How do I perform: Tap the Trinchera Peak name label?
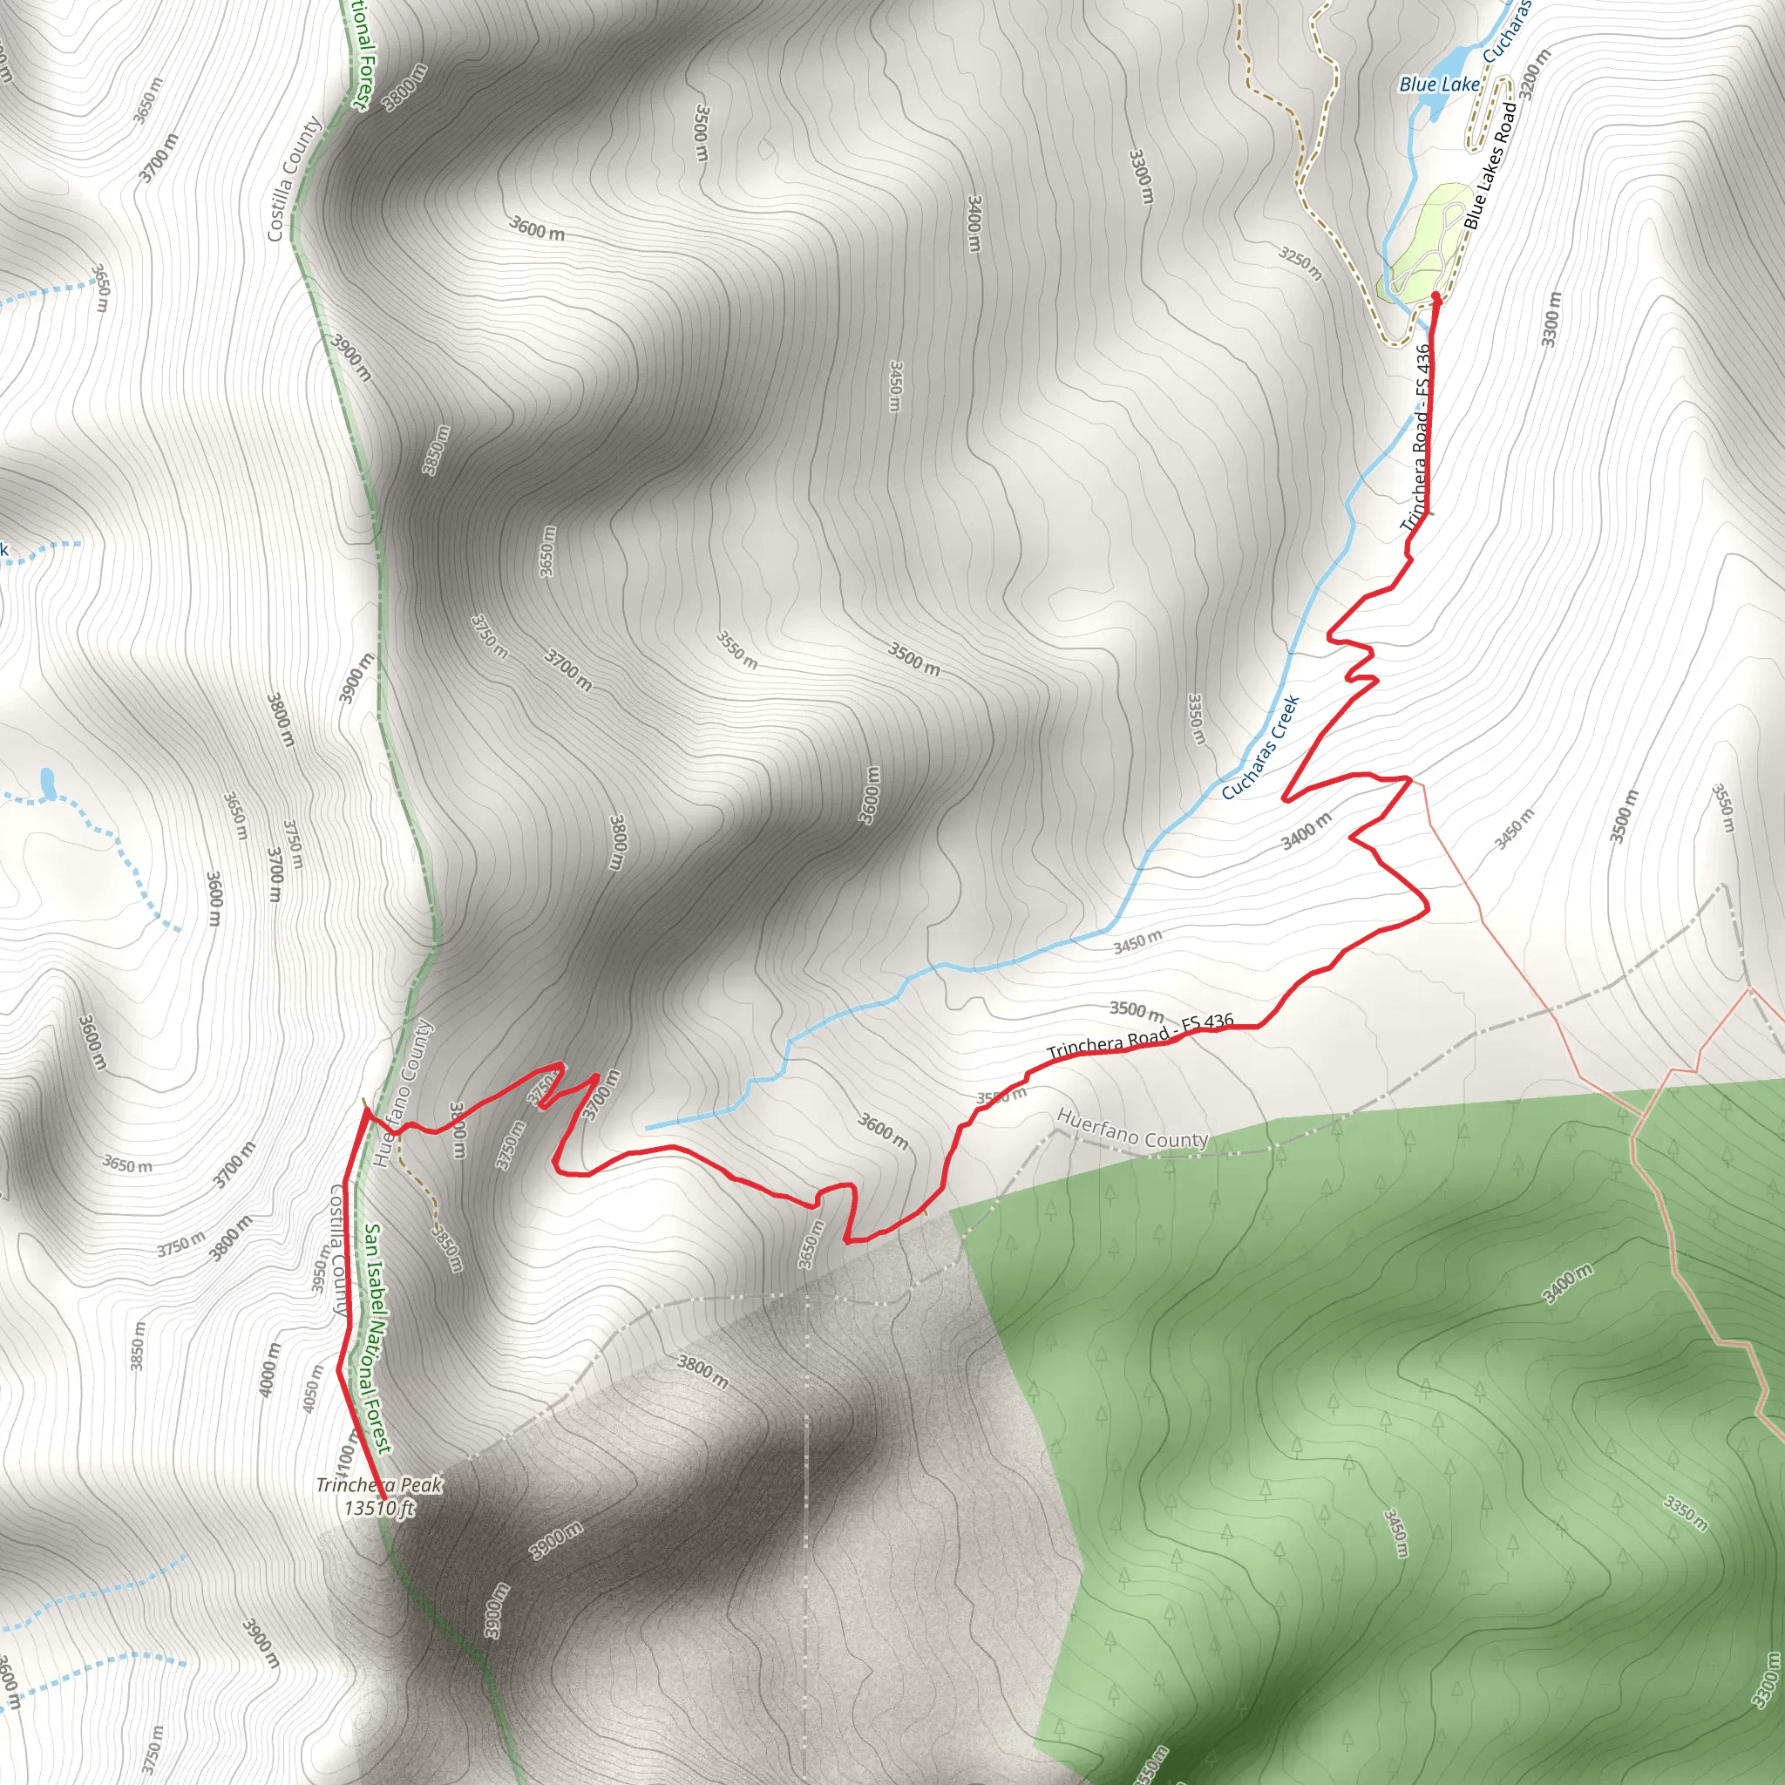click(379, 1484)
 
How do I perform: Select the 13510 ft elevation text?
click(379, 1509)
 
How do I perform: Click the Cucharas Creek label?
click(1260, 748)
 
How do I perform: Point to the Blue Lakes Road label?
click(1490, 166)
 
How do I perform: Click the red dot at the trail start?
click(1435, 297)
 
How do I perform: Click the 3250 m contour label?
click(1301, 262)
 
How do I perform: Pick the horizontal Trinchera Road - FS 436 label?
click(1140, 1035)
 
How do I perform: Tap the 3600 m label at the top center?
click(537, 227)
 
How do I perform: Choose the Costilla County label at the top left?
click(294, 179)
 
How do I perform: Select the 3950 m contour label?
click(321, 1266)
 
